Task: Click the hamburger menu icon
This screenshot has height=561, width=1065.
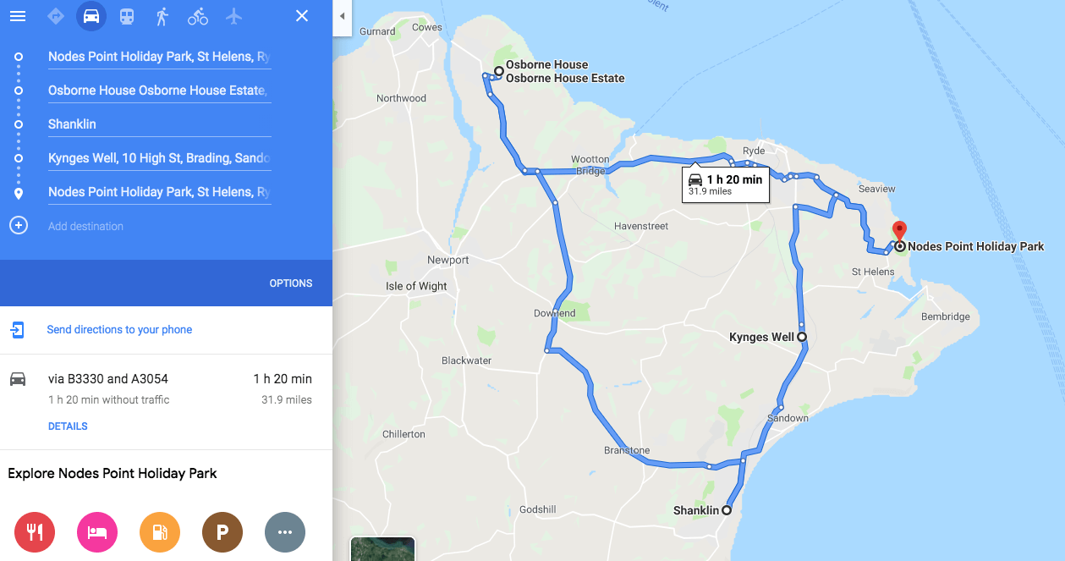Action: [18, 17]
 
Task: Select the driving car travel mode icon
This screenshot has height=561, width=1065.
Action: [91, 16]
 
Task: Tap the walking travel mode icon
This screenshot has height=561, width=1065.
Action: [162, 16]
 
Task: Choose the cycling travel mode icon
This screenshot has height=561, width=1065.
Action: [198, 16]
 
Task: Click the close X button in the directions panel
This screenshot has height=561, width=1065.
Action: [302, 16]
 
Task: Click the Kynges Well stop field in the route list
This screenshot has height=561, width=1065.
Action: [158, 158]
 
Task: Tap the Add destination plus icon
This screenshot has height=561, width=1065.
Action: [19, 226]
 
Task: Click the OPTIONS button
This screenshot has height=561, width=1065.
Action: [291, 283]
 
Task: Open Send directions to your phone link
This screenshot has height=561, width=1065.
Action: [119, 330]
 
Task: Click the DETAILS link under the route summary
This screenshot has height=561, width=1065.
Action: [68, 426]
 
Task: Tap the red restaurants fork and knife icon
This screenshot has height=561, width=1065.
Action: [35, 532]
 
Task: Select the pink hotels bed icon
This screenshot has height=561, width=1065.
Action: [97, 532]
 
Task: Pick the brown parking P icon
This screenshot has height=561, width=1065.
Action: [222, 532]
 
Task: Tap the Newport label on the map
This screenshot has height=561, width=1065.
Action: [447, 260]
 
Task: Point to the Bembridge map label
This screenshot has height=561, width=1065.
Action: [945, 316]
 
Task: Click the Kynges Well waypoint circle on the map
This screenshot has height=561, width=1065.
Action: [802, 337]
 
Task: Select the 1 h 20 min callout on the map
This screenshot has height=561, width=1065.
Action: [726, 184]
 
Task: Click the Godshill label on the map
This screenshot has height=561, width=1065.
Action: [538, 509]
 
